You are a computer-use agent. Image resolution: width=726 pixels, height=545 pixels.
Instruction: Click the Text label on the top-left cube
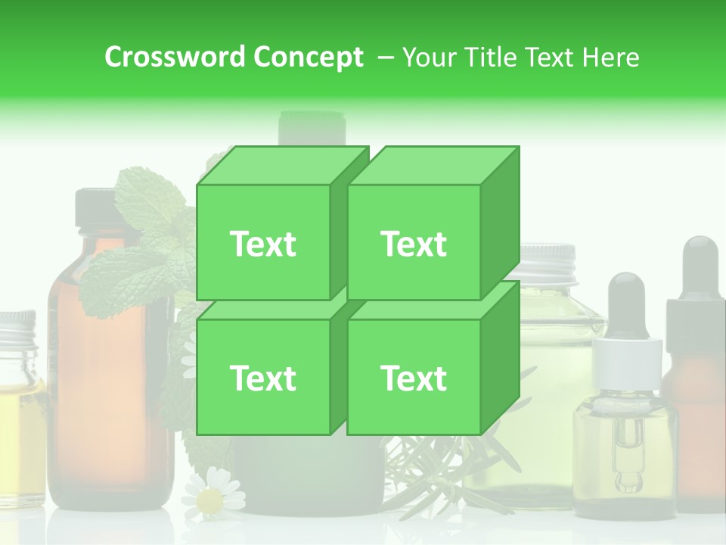[x=262, y=244]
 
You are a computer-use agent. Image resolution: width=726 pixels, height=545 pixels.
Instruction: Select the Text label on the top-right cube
[x=414, y=244]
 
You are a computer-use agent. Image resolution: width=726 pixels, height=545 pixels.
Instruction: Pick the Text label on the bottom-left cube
[x=262, y=378]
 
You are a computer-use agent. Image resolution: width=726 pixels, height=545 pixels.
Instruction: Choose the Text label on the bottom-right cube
[x=414, y=378]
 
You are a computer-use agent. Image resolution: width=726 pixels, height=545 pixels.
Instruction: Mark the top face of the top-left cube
[x=281, y=165]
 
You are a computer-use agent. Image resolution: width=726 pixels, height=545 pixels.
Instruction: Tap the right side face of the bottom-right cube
[x=500, y=356]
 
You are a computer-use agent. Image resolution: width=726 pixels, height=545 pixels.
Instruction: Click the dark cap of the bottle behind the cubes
[x=312, y=127]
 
